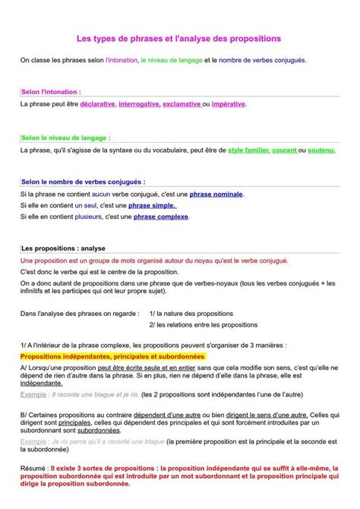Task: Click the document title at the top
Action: [179, 36]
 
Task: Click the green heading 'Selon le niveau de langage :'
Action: [65, 138]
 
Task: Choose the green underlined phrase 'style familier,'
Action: [248, 150]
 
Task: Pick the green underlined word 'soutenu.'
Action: [321, 150]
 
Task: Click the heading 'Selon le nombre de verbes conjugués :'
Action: [83, 182]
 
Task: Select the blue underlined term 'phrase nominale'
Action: [216, 194]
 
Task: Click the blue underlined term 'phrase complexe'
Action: [161, 217]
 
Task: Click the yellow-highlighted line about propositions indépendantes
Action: [112, 356]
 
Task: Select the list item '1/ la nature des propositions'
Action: [191, 313]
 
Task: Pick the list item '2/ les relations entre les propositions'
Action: [203, 324]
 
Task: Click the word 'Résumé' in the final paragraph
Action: [33, 468]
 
